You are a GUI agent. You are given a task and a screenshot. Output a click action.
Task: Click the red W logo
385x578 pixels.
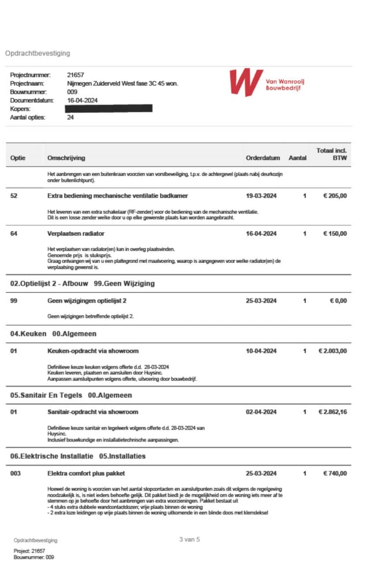[246, 82]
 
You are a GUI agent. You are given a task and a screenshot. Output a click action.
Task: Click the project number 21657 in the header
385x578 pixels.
[75, 75]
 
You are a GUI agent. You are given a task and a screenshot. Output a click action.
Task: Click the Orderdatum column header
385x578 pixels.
[263, 158]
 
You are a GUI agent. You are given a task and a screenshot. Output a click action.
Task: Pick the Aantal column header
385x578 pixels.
[297, 158]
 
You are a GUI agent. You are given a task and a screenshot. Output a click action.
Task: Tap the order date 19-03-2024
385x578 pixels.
[261, 196]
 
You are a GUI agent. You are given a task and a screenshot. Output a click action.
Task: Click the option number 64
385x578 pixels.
[14, 234]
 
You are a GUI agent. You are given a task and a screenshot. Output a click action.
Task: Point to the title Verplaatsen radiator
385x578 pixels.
[76, 234]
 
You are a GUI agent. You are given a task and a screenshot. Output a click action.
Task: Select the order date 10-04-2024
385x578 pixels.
[261, 351]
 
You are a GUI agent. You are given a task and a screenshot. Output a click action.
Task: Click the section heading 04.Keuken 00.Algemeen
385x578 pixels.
[53, 334]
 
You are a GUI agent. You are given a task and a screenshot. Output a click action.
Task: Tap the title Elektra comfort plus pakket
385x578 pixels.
[86, 473]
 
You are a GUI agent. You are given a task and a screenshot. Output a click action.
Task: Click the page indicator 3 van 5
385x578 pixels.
[189, 540]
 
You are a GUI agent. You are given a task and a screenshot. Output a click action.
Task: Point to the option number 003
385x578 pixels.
[16, 473]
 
